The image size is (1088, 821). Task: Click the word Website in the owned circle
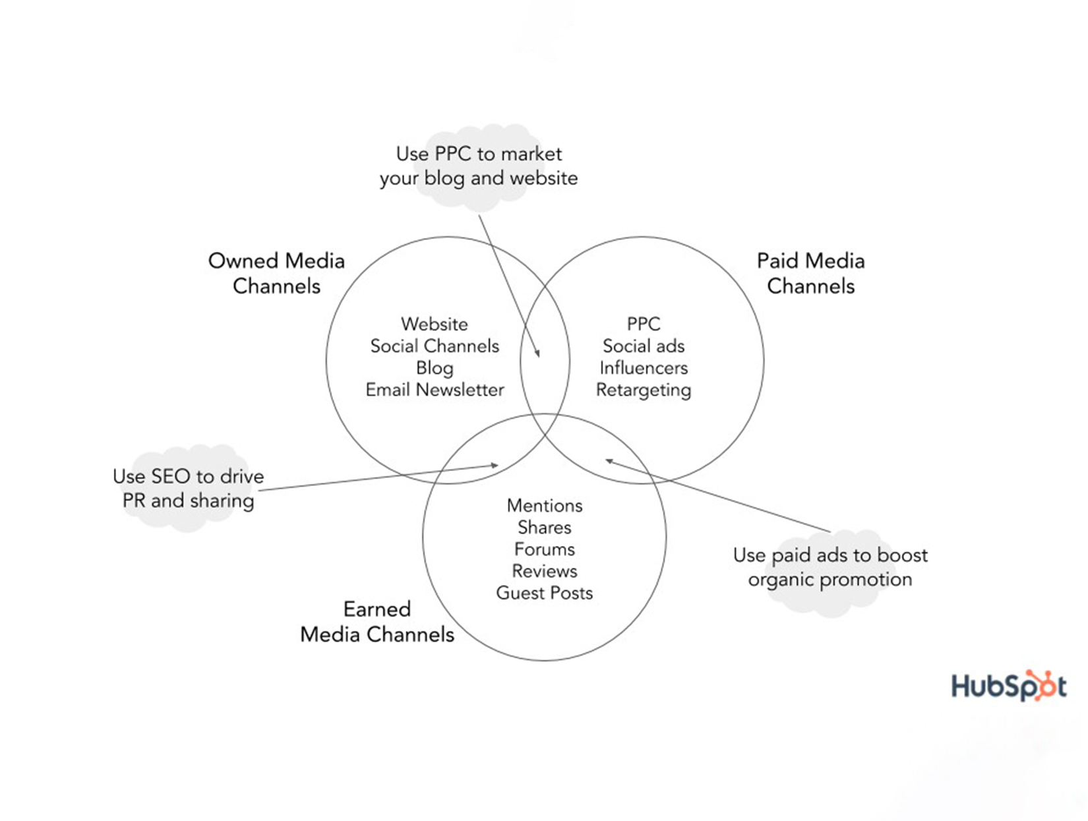(435, 324)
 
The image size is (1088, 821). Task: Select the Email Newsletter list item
(435, 390)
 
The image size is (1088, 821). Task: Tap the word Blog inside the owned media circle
(435, 368)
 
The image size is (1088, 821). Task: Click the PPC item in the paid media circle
(644, 324)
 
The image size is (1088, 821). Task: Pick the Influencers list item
(644, 368)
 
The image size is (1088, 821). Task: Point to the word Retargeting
(644, 390)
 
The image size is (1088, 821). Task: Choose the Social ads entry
(644, 346)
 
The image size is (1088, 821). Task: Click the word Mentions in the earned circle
(545, 506)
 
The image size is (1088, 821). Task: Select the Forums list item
(545, 549)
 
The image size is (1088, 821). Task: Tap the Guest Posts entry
(545, 593)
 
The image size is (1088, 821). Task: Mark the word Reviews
(545, 571)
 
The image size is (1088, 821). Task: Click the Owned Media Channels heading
(276, 274)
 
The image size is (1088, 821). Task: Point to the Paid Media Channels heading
(810, 274)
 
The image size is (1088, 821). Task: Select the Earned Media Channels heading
(377, 622)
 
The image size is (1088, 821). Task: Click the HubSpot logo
(1008, 686)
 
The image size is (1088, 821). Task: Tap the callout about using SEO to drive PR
(189, 489)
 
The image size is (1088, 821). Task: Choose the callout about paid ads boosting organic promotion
(830, 568)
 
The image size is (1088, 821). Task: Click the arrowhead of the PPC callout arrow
(538, 355)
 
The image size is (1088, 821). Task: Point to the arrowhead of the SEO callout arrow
(495, 466)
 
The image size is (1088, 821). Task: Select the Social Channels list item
(435, 346)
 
